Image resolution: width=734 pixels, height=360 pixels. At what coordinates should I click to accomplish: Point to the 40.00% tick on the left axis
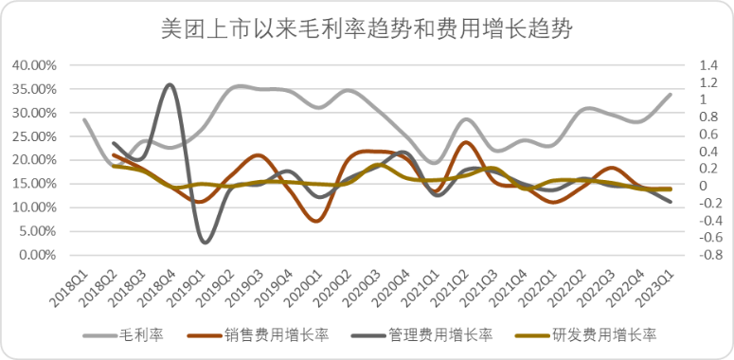[x=34, y=65]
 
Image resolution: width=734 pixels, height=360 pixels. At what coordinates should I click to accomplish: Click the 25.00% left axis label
[x=34, y=136]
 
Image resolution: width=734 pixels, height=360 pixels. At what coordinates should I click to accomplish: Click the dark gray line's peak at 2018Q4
[x=170, y=84]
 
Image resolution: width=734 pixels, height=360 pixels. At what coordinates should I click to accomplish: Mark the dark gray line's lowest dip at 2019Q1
[x=205, y=243]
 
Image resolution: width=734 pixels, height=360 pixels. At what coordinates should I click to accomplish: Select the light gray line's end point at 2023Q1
[x=671, y=95]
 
